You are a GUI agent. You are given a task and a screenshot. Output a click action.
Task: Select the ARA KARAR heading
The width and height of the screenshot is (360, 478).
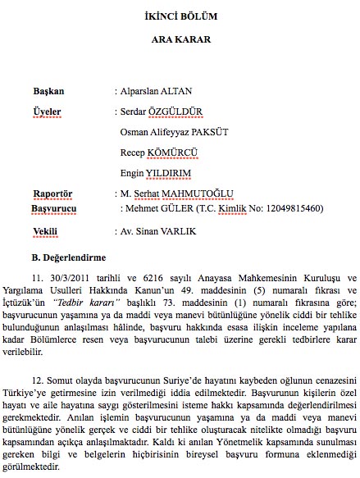coord(180,39)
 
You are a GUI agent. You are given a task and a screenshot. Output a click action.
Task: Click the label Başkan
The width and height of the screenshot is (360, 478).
coord(48,90)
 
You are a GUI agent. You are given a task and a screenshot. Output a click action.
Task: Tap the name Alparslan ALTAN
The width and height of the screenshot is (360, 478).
coord(157,90)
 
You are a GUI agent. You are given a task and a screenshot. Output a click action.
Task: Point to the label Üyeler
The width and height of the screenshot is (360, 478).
coord(47,111)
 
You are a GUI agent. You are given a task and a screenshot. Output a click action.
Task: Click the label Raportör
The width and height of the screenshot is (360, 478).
coord(52,193)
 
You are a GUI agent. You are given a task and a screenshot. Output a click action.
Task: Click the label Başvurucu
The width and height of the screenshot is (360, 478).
coord(54,209)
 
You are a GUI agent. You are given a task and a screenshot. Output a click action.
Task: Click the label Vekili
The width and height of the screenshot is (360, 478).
coord(43,232)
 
